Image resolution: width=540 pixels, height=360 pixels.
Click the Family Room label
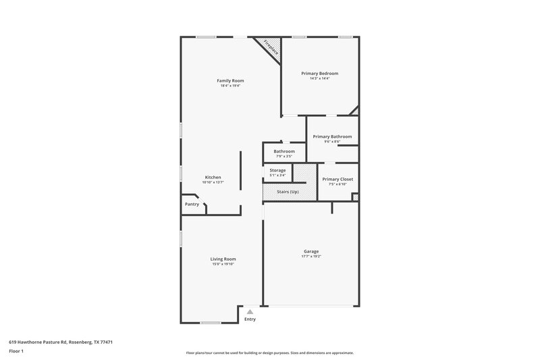230,80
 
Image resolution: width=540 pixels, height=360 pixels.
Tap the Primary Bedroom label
319,73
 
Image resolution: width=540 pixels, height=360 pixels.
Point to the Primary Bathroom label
332,136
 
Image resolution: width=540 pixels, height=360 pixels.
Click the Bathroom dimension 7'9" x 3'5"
279,156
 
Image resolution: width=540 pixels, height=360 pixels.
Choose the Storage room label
277,170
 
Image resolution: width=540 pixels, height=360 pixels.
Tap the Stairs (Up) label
288,192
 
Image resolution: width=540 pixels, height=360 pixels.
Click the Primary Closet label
337,179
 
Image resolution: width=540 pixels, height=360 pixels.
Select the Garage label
311,251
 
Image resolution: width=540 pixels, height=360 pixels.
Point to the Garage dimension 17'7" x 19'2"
311,257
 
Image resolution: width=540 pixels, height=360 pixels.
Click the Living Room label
223,259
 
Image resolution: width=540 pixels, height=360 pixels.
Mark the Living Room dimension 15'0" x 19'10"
223,264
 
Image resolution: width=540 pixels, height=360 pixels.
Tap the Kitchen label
213,177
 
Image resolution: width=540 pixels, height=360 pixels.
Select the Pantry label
192,204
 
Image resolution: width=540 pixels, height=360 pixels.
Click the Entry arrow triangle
250,311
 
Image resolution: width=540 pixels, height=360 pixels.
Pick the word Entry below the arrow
250,319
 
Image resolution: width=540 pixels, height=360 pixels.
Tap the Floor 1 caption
16,351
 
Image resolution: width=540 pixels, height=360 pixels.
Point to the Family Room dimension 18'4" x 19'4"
230,86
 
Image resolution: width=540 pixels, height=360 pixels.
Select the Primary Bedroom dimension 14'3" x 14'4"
319,78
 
